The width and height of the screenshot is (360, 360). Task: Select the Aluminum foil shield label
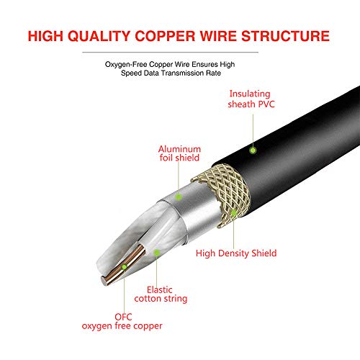[179, 155]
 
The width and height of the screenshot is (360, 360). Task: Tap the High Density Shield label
[236, 253]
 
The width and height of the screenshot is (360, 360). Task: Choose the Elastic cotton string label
[167, 293]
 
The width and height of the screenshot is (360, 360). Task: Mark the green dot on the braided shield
[234, 213]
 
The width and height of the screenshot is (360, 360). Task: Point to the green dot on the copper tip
[124, 266]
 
